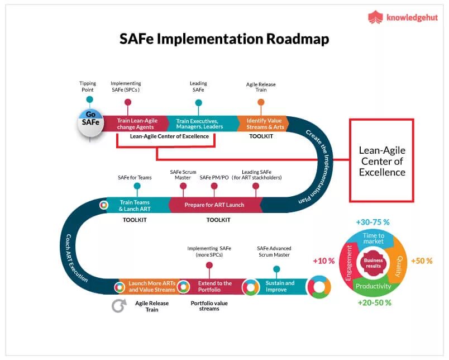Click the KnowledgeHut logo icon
[x=375, y=17]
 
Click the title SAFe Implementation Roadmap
[x=224, y=39]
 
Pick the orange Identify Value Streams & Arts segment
[x=264, y=124]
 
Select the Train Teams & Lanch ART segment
[x=136, y=205]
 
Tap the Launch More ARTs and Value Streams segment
[x=151, y=286]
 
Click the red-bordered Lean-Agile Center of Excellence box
[x=381, y=160]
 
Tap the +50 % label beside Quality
[x=421, y=261]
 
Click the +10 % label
[x=323, y=260]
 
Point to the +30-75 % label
[x=372, y=222]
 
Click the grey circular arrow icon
[x=118, y=306]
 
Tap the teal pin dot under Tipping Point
[x=89, y=100]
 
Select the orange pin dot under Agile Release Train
[x=261, y=102]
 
